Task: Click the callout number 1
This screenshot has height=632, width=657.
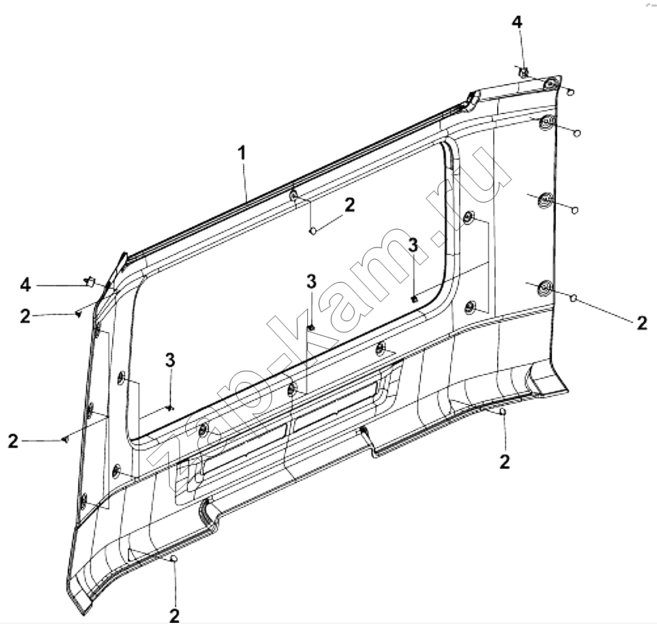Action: click(x=242, y=153)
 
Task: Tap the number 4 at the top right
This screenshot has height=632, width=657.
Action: click(x=517, y=22)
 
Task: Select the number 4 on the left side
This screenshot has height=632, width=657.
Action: click(x=25, y=285)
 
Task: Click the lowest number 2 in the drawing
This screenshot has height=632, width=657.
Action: click(x=174, y=615)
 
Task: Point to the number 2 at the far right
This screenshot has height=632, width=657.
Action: click(x=642, y=323)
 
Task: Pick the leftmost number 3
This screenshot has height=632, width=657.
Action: click(x=170, y=360)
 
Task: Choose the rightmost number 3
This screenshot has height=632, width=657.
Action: click(x=413, y=245)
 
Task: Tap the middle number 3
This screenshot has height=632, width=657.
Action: click(x=311, y=282)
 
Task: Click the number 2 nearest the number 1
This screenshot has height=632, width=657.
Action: click(x=350, y=205)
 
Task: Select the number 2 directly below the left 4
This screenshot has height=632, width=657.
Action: click(x=25, y=316)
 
